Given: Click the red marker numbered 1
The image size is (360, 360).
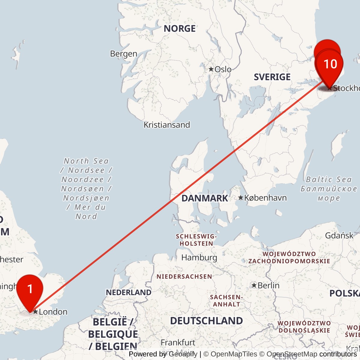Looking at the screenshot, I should click(x=30, y=289).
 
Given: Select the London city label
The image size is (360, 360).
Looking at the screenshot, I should click(x=53, y=312).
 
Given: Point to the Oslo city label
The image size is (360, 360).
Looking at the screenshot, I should click(x=223, y=69).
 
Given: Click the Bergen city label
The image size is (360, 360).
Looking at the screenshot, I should click(x=124, y=54).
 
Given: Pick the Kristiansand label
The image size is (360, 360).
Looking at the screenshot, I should click(x=167, y=125).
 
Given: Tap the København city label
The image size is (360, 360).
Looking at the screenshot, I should click(x=265, y=198).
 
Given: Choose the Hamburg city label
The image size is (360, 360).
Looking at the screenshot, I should click(x=199, y=258).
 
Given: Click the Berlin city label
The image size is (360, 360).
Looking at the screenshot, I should click(x=268, y=286).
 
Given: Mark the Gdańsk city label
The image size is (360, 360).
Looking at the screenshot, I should click(x=339, y=235).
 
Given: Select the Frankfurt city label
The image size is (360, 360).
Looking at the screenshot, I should click(x=178, y=343).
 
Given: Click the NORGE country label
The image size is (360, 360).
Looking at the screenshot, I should click(x=180, y=29).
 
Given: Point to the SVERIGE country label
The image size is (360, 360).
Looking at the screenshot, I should click(x=272, y=77).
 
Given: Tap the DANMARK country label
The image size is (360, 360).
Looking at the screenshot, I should click(x=205, y=198).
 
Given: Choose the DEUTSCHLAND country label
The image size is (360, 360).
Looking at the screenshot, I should click(x=206, y=321).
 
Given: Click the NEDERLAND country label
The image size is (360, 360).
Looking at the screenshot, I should click(x=129, y=292).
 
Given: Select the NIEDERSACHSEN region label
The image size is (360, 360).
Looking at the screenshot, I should click(x=184, y=277).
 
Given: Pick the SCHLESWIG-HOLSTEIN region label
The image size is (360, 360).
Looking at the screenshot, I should click(x=196, y=240).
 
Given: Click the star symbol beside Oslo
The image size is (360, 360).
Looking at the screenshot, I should click(x=211, y=69).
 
